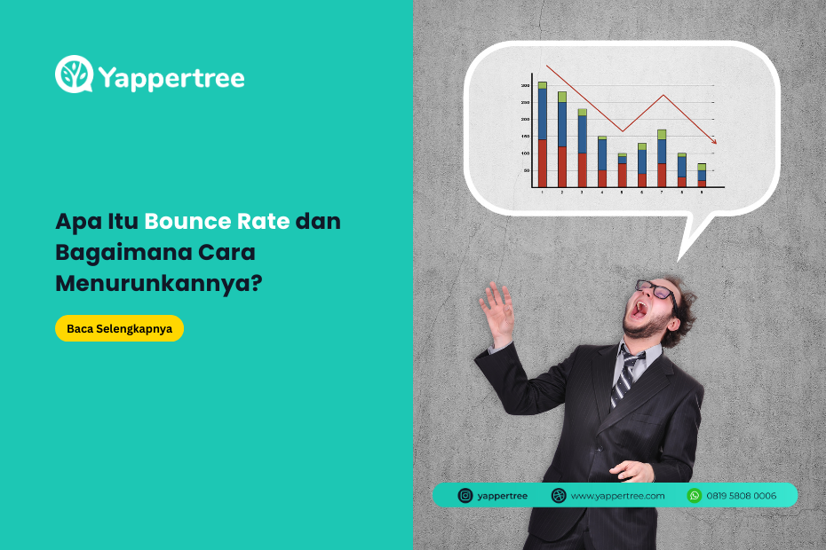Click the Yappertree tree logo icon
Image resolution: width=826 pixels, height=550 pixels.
pyautogui.click(x=75, y=75)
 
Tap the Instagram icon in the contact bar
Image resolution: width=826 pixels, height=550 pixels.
pyautogui.click(x=465, y=495)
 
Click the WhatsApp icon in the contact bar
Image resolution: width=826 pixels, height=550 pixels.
pyautogui.click(x=695, y=495)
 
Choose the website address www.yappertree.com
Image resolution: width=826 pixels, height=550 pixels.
pyautogui.click(x=617, y=496)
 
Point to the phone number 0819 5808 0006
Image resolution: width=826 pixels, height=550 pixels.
pyautogui.click(x=742, y=496)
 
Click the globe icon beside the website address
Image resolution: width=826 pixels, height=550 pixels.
pyautogui.click(x=559, y=495)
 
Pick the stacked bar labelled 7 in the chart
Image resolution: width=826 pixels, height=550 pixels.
pyautogui.click(x=662, y=159)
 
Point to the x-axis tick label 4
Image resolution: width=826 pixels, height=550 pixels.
pyautogui.click(x=602, y=192)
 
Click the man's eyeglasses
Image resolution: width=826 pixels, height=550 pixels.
pyautogui.click(x=658, y=292)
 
